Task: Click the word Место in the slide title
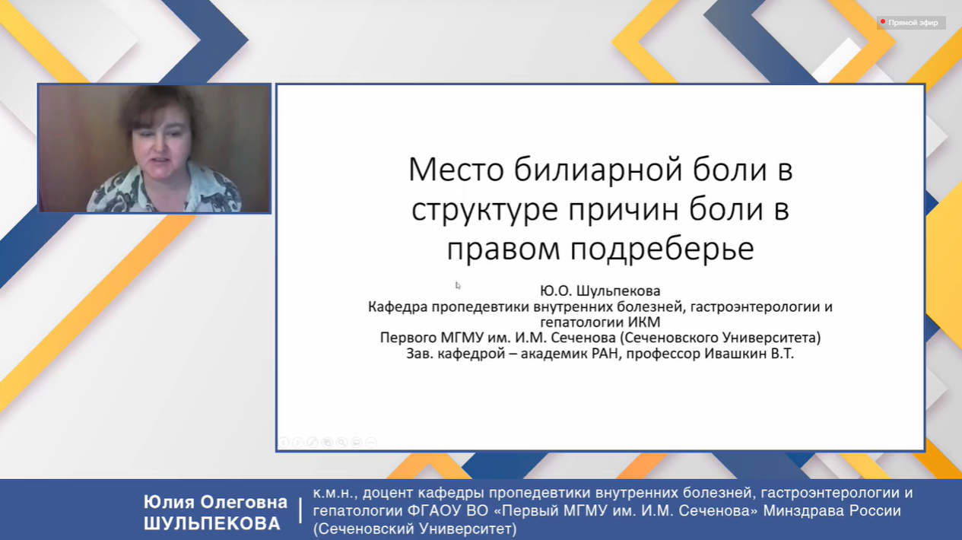[x=456, y=170]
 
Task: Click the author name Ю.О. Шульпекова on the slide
[x=600, y=291]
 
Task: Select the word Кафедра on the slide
[x=398, y=307]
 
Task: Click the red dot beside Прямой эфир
[x=883, y=21]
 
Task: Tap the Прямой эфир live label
[x=913, y=23]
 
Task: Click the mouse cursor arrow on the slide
[x=458, y=285]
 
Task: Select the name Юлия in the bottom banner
[x=168, y=502]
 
